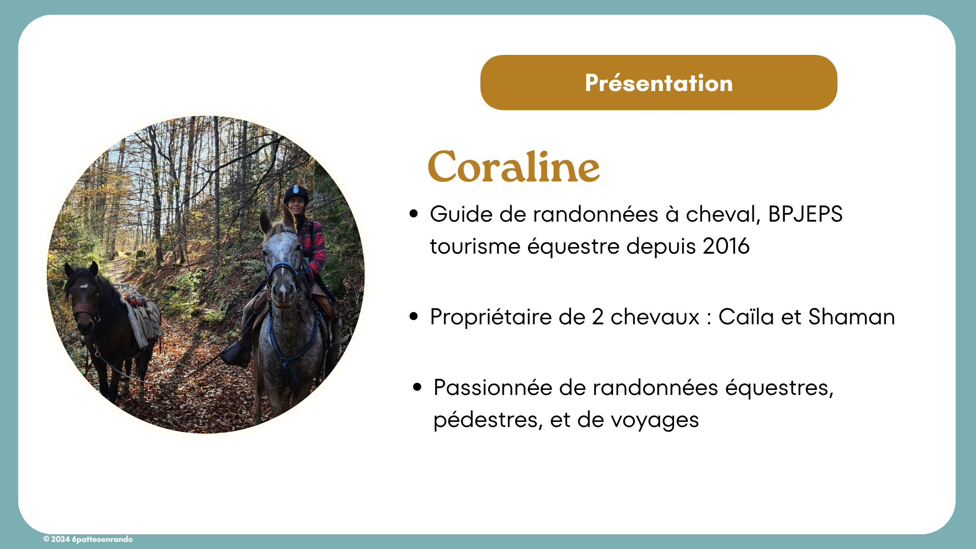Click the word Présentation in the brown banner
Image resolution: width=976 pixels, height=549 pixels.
point(659,83)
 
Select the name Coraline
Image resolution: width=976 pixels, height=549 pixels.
point(514,166)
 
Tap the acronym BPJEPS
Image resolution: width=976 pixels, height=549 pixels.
point(805,214)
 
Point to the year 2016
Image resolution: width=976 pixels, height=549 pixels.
point(726,247)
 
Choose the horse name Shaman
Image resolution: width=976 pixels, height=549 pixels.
point(851,317)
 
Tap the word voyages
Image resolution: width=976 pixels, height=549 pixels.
point(655,421)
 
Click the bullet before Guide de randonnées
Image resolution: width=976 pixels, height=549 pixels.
point(414,214)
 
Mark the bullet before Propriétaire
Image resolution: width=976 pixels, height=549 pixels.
point(414,317)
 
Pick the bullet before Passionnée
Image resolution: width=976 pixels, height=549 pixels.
point(417,387)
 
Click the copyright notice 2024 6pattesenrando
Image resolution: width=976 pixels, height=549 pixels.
point(88,539)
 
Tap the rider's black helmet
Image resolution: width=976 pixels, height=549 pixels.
point(296,194)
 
